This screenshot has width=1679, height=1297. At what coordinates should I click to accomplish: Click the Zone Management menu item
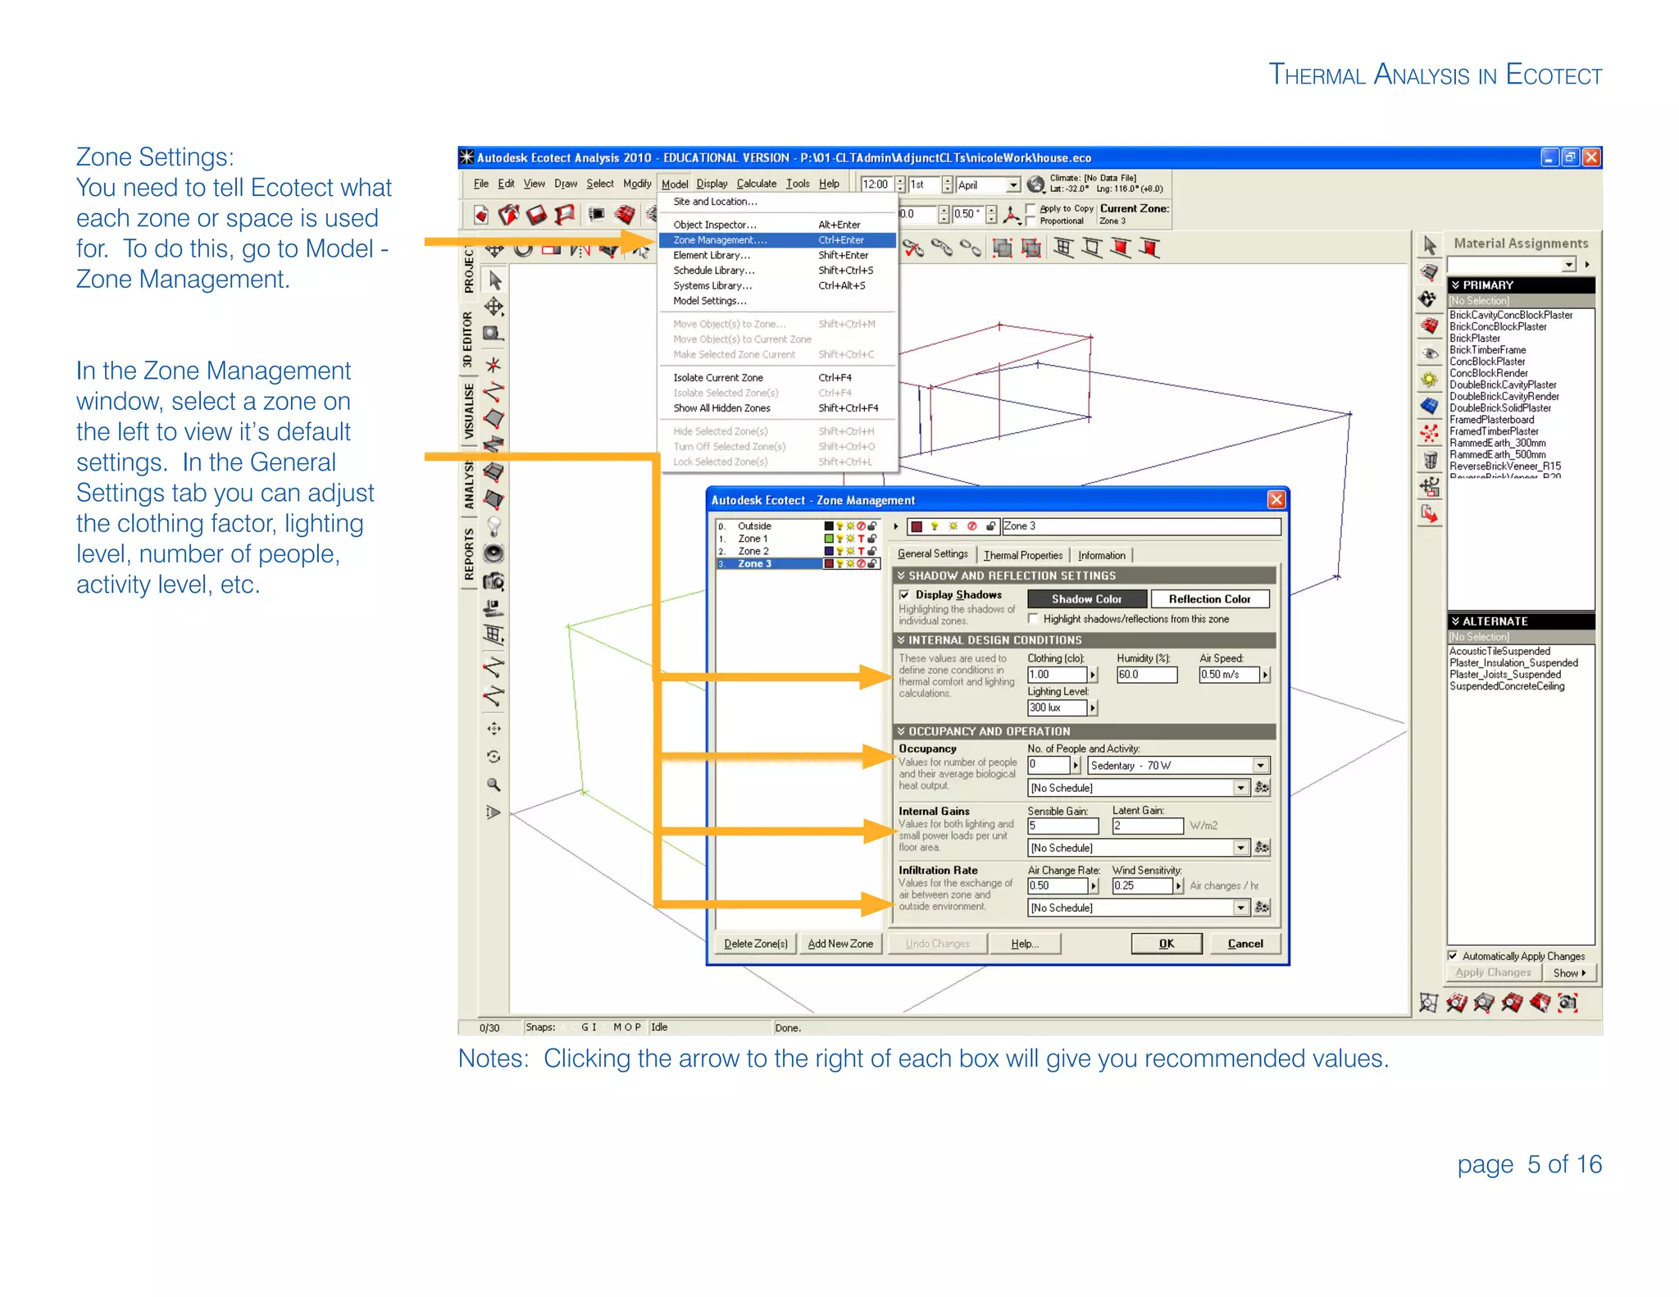pos(720,240)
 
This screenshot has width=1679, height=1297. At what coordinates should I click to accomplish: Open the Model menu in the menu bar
pos(674,184)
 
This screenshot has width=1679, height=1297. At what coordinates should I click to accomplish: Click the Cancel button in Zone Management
pos(1244,944)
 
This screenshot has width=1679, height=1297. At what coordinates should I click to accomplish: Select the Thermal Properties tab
pos(1022,555)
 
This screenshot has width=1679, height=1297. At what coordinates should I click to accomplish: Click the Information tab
pos(1101,555)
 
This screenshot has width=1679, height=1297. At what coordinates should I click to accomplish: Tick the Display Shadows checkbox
pos(904,594)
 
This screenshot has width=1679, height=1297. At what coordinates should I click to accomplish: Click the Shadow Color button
pos(1086,599)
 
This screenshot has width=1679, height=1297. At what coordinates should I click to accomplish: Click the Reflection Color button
pos(1209,599)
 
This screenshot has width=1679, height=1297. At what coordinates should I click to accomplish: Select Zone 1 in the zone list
pos(753,539)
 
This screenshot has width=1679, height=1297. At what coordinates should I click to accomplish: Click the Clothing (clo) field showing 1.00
pos(1056,675)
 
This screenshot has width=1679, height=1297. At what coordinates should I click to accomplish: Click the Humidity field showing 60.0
pos(1145,675)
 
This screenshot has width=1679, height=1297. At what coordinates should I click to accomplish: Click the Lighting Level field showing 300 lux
pos(1056,708)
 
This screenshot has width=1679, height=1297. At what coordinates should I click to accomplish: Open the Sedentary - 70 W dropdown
pos(1260,766)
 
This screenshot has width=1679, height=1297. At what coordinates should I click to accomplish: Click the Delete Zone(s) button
pos(755,944)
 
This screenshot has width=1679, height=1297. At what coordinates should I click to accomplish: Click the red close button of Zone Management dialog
pos(1276,499)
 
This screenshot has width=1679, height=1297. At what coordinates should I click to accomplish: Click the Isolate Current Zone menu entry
pos(717,378)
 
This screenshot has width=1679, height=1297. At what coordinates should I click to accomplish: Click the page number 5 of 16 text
pos(1529,1164)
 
